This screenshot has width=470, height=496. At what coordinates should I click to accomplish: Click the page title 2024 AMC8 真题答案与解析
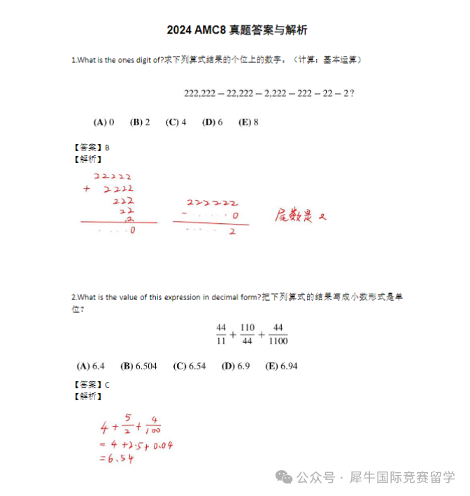click(237, 30)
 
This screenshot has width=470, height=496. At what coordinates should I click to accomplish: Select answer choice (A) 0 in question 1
click(104, 122)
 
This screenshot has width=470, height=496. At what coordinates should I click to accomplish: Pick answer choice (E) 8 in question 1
click(248, 122)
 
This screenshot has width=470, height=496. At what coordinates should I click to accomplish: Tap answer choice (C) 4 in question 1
click(176, 122)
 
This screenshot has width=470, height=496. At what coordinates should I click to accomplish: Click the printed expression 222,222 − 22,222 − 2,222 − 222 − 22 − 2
click(269, 93)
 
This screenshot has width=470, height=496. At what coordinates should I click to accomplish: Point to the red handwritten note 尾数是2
click(300, 215)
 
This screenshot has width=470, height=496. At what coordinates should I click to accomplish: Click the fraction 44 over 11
click(222, 334)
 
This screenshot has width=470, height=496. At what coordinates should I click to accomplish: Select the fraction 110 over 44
click(247, 334)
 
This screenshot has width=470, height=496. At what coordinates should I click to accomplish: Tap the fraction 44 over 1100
click(277, 334)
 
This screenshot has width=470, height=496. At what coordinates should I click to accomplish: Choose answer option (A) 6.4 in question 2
click(90, 366)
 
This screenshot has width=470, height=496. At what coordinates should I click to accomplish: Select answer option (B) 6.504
click(138, 366)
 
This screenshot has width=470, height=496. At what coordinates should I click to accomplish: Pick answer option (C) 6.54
click(190, 366)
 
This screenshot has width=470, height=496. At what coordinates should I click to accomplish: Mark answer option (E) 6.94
click(281, 366)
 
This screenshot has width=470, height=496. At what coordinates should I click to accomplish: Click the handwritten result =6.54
click(116, 458)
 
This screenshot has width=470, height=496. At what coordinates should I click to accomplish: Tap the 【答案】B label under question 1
click(91, 148)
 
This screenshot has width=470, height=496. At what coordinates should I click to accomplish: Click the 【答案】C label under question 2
click(91, 385)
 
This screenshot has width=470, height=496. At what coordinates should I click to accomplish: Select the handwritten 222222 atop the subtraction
click(207, 204)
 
